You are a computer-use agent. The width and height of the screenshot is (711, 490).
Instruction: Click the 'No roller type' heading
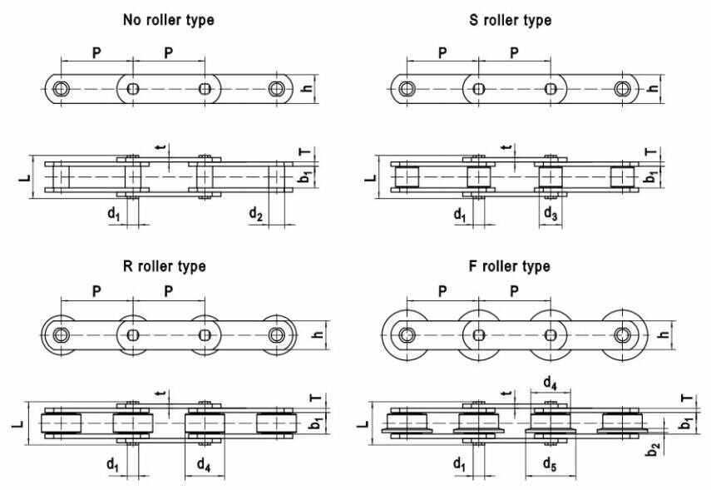[168, 21]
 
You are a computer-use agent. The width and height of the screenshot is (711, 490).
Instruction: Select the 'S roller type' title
[510, 21]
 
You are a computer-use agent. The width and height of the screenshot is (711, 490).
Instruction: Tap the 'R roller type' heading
[164, 266]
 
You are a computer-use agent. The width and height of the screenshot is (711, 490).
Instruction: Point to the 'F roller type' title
[509, 266]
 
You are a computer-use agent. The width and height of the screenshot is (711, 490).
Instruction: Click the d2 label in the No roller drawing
[256, 214]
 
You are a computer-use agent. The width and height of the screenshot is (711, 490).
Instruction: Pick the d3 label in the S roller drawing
[551, 213]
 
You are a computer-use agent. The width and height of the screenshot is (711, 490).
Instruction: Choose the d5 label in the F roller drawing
[550, 464]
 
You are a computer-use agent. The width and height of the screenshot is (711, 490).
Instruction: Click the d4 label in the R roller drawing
[204, 464]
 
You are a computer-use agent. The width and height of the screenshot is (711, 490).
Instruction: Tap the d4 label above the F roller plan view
[550, 384]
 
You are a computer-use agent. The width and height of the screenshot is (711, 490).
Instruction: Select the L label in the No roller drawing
[25, 177]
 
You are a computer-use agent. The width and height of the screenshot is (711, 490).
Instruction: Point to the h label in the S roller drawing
[654, 87]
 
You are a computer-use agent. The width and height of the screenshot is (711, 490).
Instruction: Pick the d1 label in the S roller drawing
[460, 214]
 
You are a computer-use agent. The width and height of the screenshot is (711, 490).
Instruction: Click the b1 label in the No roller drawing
[306, 176]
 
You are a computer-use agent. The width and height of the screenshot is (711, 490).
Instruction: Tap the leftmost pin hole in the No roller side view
[61, 88]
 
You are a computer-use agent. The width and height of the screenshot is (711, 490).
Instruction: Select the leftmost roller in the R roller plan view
[62, 423]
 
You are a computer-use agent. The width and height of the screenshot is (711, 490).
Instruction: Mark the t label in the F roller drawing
[508, 393]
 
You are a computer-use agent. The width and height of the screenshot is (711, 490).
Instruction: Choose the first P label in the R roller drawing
[96, 291]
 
